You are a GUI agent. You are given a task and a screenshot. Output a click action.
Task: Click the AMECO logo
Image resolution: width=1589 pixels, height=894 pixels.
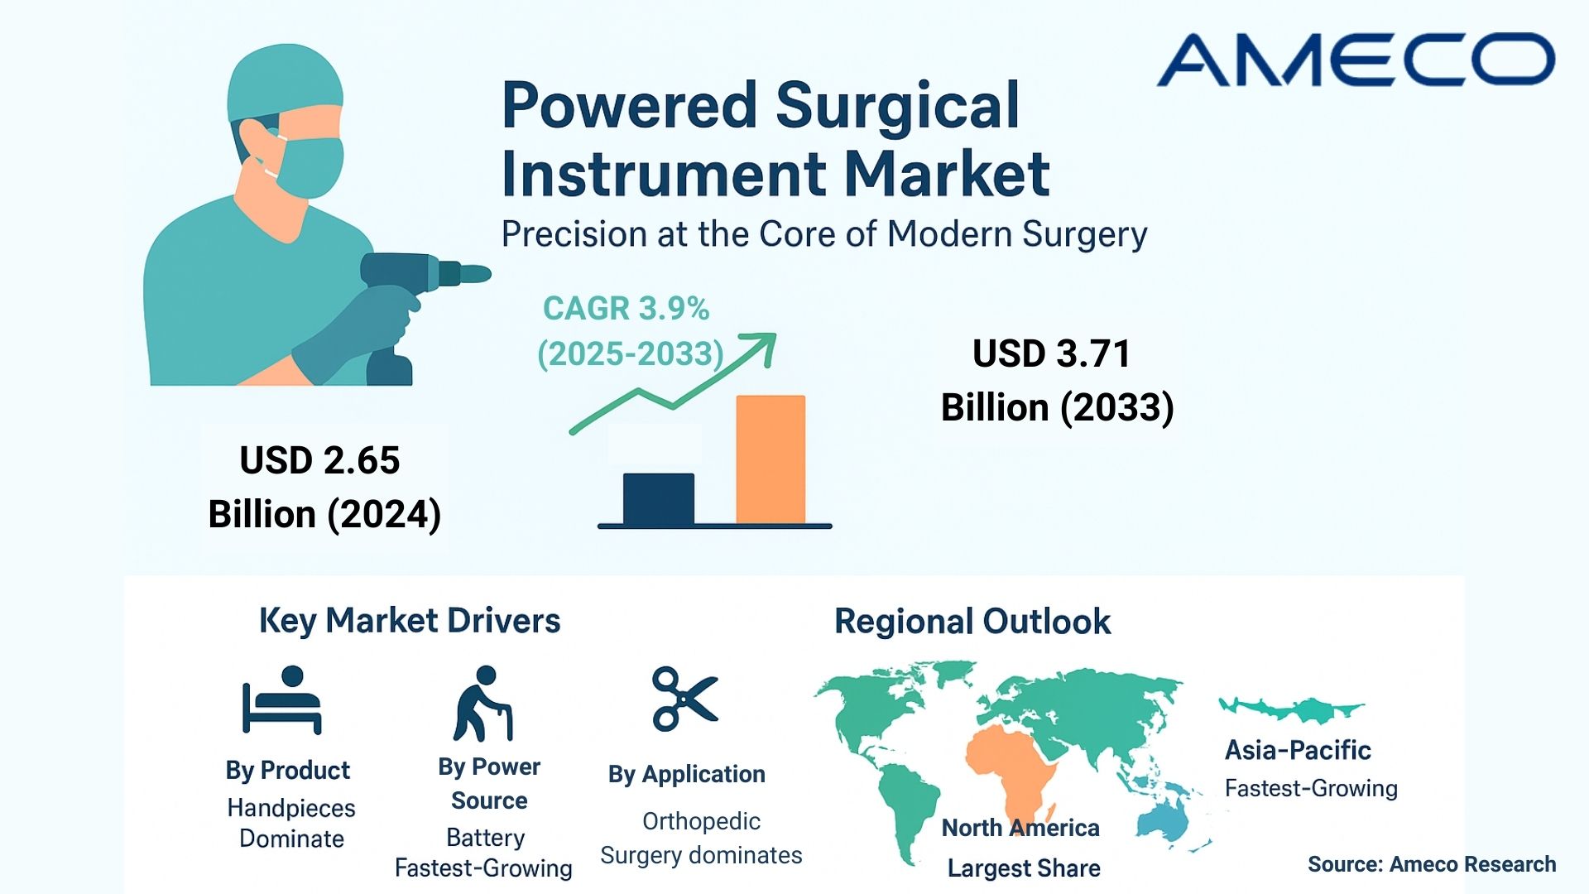(x=1356, y=60)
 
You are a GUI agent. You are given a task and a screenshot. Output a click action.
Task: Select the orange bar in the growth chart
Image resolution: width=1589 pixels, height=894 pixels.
(x=770, y=459)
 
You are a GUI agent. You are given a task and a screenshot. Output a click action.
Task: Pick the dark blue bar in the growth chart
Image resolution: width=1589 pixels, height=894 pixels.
(x=659, y=498)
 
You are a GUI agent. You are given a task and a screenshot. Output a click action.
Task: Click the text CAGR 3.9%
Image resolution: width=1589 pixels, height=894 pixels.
(x=626, y=308)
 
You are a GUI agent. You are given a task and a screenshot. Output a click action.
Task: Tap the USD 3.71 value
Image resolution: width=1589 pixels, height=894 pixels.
(x=1052, y=354)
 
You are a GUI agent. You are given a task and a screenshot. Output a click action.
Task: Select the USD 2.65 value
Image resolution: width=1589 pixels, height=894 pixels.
(x=319, y=460)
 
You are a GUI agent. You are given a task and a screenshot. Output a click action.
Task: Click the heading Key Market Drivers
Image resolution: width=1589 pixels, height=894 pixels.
(x=410, y=621)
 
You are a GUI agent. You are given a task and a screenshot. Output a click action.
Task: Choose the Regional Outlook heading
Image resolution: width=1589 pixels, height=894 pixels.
(x=972, y=622)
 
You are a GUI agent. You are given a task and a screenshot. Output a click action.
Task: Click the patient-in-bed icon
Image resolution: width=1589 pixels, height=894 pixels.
(x=281, y=700)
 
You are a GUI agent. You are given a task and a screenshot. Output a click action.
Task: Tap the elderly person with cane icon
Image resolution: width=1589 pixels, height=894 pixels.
(x=482, y=704)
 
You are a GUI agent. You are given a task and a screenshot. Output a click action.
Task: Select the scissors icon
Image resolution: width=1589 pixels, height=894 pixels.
(x=684, y=699)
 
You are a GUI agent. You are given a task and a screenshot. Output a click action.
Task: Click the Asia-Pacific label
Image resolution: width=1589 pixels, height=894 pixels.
(x=1298, y=751)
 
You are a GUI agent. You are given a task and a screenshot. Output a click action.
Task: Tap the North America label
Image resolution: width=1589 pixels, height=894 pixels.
(x=1020, y=828)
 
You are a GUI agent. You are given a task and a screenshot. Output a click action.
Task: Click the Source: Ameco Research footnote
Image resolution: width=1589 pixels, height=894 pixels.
(x=1432, y=864)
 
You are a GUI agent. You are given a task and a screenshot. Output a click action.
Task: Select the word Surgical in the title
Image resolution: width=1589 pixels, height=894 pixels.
(x=897, y=106)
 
